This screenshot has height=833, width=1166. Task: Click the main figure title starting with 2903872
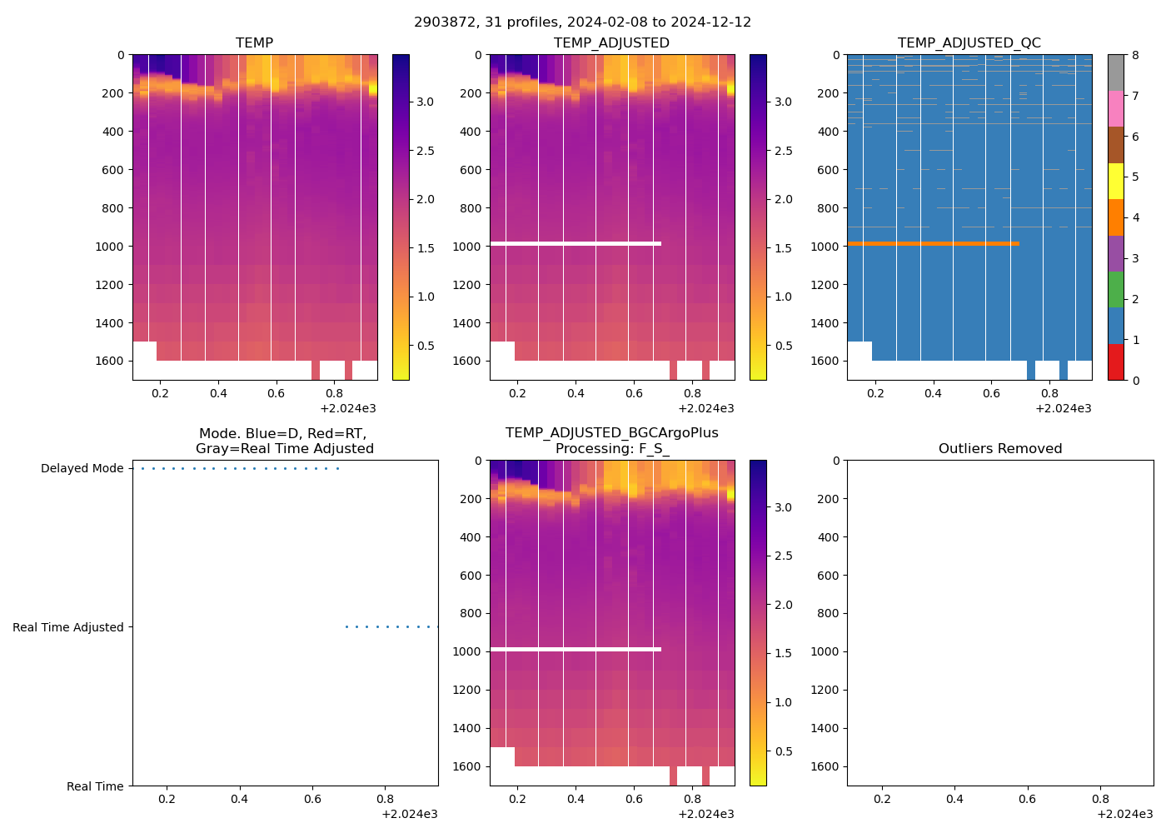point(582,22)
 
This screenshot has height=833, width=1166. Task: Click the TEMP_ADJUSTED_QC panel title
point(969,43)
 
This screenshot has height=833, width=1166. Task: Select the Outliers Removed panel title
point(1000,449)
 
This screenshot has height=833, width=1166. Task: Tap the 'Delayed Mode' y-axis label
point(82,469)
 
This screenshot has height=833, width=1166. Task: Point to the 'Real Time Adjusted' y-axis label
point(67,628)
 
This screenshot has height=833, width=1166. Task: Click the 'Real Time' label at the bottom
point(94,787)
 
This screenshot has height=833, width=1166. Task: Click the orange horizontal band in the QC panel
point(933,244)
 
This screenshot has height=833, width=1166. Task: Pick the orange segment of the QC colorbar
point(1116,217)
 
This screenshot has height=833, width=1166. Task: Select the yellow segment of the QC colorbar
point(1116,181)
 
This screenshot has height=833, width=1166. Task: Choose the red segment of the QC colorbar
point(1116,362)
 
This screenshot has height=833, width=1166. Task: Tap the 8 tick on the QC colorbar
point(1135,56)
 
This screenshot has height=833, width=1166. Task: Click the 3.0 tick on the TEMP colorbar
point(425,102)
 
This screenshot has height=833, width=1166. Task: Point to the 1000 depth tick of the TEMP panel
point(108,247)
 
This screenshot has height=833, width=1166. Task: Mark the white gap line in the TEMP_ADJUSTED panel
point(576,244)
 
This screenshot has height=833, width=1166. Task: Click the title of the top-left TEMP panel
point(254,43)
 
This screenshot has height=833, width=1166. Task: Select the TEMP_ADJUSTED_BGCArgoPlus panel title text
point(611,433)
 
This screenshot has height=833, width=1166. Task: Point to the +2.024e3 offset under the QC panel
point(1063,409)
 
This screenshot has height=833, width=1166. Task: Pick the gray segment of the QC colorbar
point(1116,72)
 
